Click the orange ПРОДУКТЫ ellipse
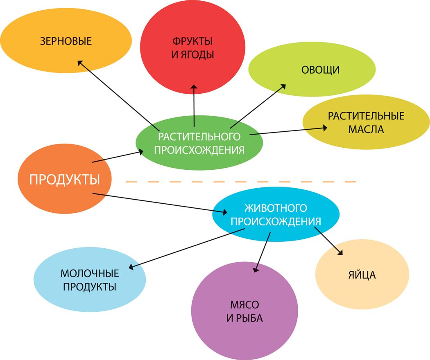coord(65,179)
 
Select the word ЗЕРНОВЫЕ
coord(66,41)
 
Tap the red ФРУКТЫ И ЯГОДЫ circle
coord(192,47)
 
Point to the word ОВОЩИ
coord(320,70)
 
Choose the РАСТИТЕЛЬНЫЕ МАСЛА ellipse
coord(366,122)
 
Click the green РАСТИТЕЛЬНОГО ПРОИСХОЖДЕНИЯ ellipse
coord(199,143)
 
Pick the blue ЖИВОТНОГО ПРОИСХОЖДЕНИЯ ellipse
coord(276,214)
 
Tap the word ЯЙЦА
coord(362,275)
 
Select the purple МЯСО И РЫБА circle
coord(244,311)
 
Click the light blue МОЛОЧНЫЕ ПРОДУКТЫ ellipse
coord(90,280)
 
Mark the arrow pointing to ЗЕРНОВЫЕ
coord(118,96)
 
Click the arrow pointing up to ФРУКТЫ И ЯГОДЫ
coord(194,106)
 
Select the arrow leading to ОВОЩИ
coord(258,106)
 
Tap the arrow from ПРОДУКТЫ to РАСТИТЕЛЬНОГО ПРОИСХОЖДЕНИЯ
coord(118,156)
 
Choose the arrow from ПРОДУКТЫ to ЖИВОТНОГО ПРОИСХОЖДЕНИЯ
coord(160,203)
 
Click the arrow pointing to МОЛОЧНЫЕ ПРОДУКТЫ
coord(186,249)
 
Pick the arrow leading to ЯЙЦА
coord(328,241)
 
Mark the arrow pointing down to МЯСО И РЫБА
coord(263,252)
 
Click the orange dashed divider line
coord(241,181)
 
